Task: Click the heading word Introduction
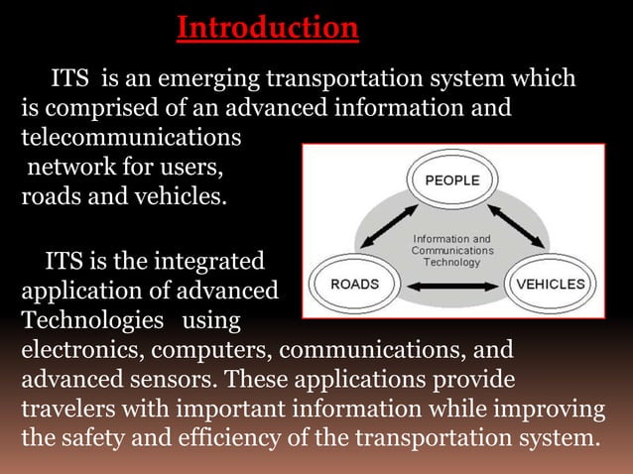click(x=267, y=27)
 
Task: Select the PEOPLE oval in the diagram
click(x=451, y=180)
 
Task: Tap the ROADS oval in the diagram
click(x=354, y=284)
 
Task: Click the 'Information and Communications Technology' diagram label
click(x=451, y=251)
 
